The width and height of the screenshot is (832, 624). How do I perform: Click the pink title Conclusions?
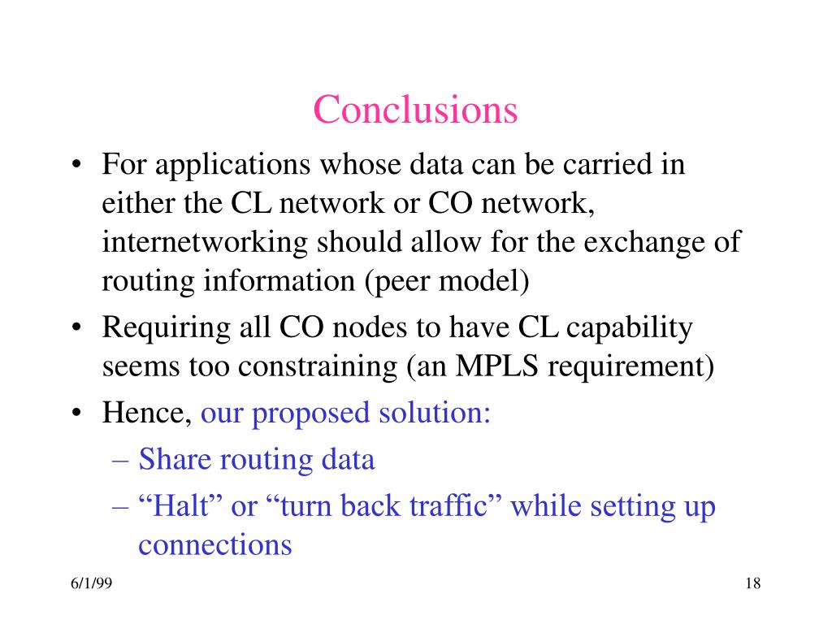click(x=415, y=110)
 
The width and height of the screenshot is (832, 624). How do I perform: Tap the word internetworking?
click(x=205, y=242)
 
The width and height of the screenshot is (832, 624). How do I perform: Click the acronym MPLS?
click(x=498, y=366)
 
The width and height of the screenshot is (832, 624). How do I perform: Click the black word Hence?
click(x=143, y=414)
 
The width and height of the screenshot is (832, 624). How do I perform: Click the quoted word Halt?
click(x=181, y=506)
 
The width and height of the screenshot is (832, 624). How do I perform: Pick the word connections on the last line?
click(x=214, y=544)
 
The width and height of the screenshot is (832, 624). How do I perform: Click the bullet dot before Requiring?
click(x=76, y=329)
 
